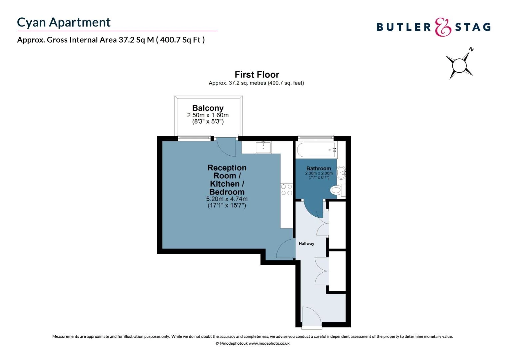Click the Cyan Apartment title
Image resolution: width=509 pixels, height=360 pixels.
click(64, 22)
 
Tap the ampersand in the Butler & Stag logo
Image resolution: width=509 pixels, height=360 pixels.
click(443, 27)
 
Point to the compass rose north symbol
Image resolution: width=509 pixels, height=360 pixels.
click(460, 64)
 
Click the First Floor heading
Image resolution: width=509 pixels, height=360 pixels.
click(257, 74)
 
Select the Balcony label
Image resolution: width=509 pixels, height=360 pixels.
click(208, 108)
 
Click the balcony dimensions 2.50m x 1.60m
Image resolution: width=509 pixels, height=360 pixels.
click(208, 115)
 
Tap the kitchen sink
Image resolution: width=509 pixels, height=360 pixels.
click(263, 147)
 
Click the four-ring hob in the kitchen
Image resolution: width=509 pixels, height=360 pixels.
click(286, 190)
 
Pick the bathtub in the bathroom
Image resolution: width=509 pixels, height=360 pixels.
click(316, 150)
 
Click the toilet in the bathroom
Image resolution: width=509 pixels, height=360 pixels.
click(337, 190)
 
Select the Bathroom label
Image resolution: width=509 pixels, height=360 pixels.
click(319, 168)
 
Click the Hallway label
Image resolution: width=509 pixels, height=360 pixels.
click(306, 243)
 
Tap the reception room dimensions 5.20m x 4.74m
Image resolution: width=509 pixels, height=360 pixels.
click(227, 199)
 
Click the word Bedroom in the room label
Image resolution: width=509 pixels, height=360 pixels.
click(227, 192)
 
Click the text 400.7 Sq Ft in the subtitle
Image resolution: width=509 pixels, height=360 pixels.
click(181, 40)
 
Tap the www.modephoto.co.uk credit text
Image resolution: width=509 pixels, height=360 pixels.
click(269, 343)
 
